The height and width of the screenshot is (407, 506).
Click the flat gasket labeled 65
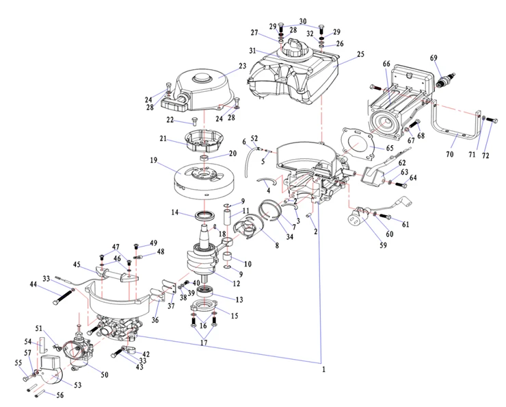[357, 143]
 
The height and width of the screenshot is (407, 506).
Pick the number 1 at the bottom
[323, 369]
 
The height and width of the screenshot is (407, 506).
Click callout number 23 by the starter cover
[242, 66]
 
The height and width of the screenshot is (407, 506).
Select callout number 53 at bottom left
[77, 386]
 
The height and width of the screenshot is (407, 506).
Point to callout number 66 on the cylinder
[386, 64]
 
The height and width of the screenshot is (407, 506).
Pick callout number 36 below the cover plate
[155, 321]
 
